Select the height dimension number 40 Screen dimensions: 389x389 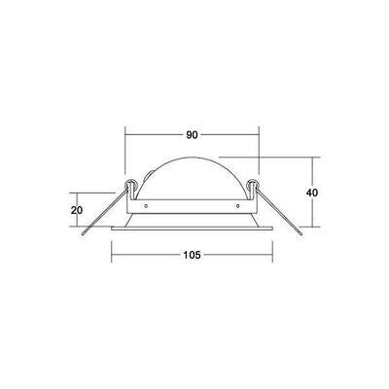[312, 192]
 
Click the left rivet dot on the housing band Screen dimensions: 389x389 [145, 206]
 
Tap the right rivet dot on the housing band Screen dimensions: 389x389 [237, 206]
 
